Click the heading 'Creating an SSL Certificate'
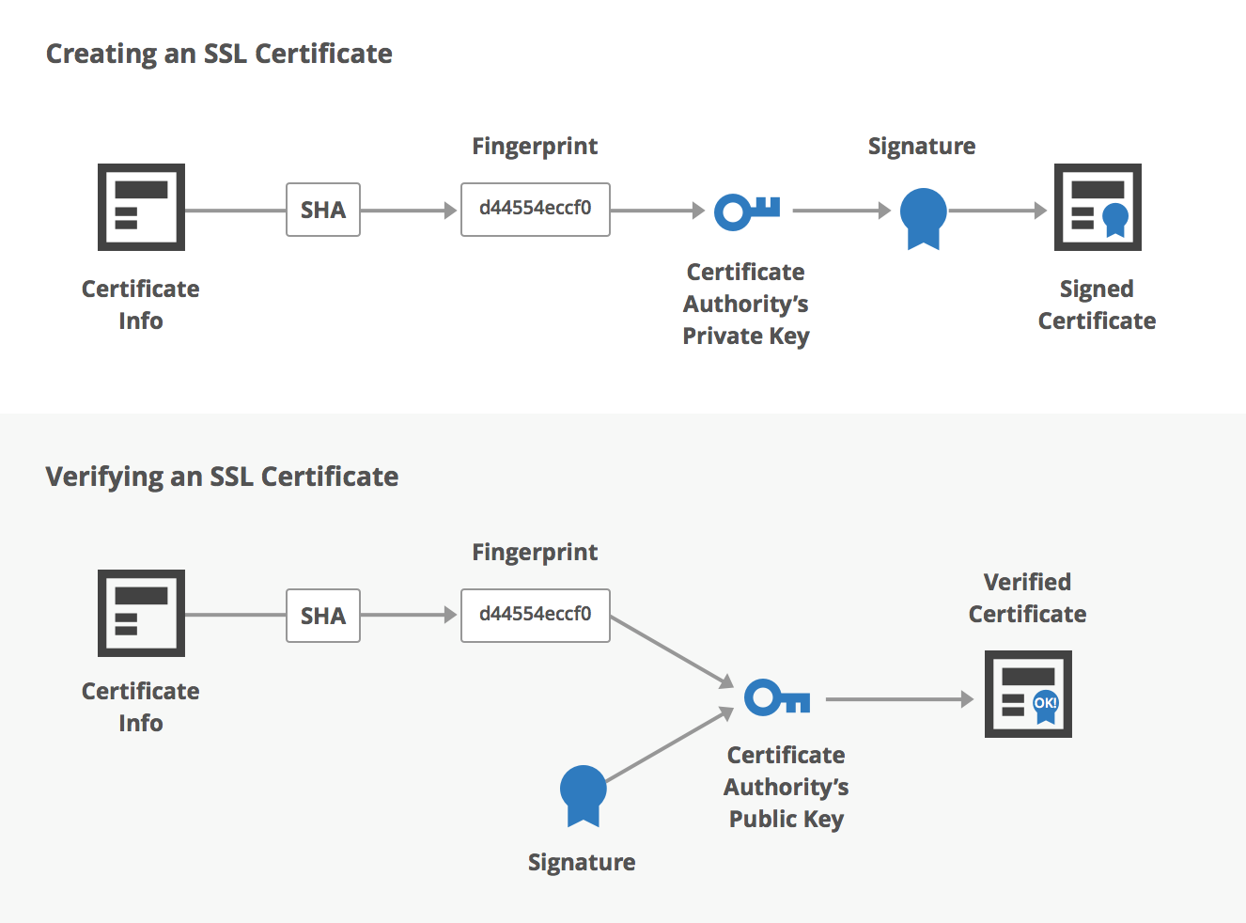pos(219,54)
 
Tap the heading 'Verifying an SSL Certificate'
pos(222,477)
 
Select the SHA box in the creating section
pos(323,210)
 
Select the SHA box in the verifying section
pos(323,616)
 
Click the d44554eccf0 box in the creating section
pos(536,209)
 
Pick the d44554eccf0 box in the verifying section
pos(536,615)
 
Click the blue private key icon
pos(747,211)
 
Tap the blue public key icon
pos(777,698)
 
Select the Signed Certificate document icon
pos(1098,207)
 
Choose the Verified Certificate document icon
pos(1028,694)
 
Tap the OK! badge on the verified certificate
pos(1046,703)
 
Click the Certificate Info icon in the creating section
pos(141,207)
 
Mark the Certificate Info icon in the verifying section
pos(141,613)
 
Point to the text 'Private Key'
pos(746,336)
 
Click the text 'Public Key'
pos(787,819)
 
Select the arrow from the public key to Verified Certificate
pos(899,699)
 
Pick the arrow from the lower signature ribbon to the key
pos(669,744)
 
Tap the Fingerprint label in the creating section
pos(535,146)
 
